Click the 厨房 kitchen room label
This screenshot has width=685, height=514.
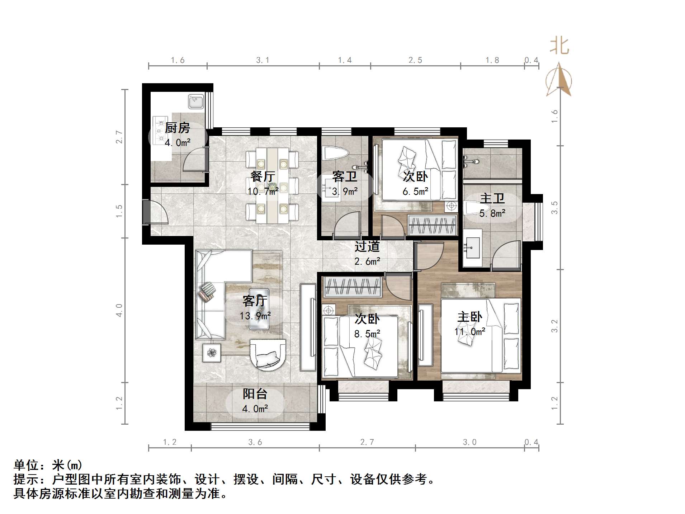pos(177,128)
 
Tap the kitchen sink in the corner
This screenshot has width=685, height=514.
pos(196,102)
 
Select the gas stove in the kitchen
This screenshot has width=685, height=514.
pos(160,130)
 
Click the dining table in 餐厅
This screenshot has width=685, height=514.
pos(272,185)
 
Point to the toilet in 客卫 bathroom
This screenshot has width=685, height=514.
pos(335,153)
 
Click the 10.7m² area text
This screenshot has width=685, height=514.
pos(263,191)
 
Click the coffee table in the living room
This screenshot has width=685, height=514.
pos(259,309)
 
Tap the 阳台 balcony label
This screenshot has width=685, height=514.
pos(255,394)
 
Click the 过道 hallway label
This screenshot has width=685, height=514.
pos(367,246)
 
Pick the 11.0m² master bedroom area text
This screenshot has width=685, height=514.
pos(470,332)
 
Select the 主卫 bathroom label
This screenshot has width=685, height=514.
pos(492,198)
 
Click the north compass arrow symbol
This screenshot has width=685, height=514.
pos(558,80)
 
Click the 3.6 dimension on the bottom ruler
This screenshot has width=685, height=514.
pos(255,442)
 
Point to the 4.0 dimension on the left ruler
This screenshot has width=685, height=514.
pos(119,310)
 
